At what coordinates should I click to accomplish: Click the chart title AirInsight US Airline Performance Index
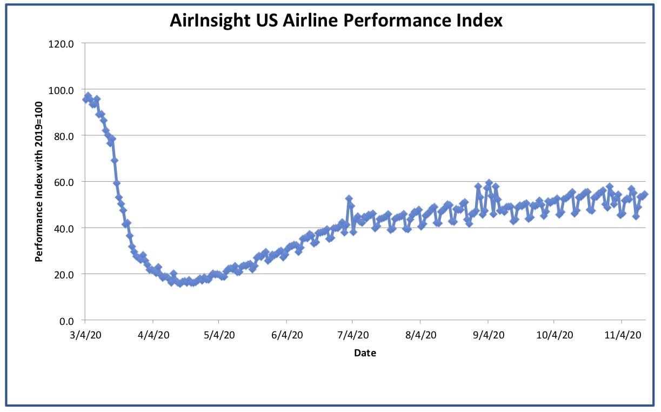(336, 21)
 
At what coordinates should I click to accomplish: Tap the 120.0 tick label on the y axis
(61, 44)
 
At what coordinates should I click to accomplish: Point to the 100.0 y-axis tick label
(61, 90)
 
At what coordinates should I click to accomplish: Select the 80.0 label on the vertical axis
(64, 136)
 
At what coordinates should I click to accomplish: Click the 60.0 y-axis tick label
(64, 182)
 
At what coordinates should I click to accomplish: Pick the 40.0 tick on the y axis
(64, 229)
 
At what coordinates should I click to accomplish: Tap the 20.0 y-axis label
(64, 275)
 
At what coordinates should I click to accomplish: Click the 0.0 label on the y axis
(66, 321)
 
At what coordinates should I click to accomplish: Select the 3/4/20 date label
(85, 335)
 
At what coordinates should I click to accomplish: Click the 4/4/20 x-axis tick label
(153, 335)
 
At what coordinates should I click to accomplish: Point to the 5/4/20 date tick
(219, 335)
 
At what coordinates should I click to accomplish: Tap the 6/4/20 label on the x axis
(287, 335)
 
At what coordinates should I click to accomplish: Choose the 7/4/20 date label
(353, 335)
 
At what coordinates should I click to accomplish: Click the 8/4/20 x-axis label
(421, 335)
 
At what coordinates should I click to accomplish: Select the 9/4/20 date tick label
(489, 335)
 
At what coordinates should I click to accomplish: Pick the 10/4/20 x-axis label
(555, 335)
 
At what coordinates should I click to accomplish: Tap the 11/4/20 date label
(623, 335)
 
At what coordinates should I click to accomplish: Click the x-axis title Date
(365, 353)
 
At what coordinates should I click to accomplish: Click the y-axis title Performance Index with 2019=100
(39, 182)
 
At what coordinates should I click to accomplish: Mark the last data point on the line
(644, 194)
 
